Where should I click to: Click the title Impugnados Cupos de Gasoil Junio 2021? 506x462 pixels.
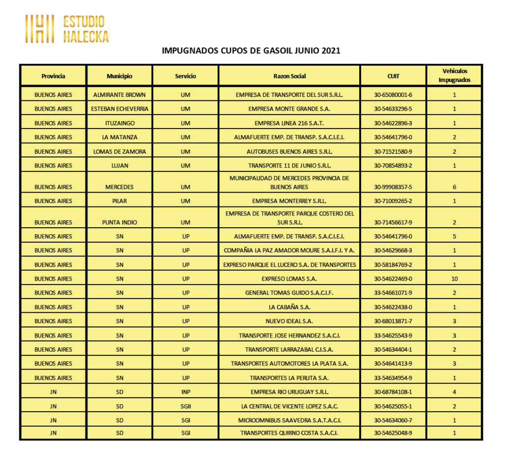(x=251, y=50)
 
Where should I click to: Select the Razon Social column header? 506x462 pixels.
(x=289, y=76)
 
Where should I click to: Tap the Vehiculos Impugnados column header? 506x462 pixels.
(x=454, y=76)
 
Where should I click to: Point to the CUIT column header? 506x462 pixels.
(x=393, y=76)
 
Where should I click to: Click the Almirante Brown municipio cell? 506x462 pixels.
(x=119, y=94)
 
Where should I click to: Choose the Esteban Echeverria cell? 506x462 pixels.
(x=119, y=109)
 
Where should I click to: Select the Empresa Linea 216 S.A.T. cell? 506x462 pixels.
(x=289, y=123)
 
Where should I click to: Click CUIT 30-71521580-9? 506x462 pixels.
(x=393, y=152)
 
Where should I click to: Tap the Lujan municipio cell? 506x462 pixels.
(x=119, y=166)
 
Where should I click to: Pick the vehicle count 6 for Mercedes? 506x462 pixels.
(x=454, y=187)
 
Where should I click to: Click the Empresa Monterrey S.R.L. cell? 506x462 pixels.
(x=289, y=201)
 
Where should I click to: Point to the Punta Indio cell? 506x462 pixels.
(x=119, y=222)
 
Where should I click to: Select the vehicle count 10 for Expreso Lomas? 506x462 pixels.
(x=454, y=279)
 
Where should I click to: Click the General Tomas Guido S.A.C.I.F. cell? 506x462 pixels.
(x=289, y=293)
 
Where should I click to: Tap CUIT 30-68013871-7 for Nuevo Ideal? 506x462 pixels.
(x=393, y=321)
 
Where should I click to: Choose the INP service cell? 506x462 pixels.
(x=185, y=392)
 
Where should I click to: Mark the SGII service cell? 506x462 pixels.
(x=185, y=406)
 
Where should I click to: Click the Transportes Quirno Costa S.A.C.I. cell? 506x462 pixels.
(x=289, y=433)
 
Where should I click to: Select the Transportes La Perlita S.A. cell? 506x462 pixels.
(x=289, y=378)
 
